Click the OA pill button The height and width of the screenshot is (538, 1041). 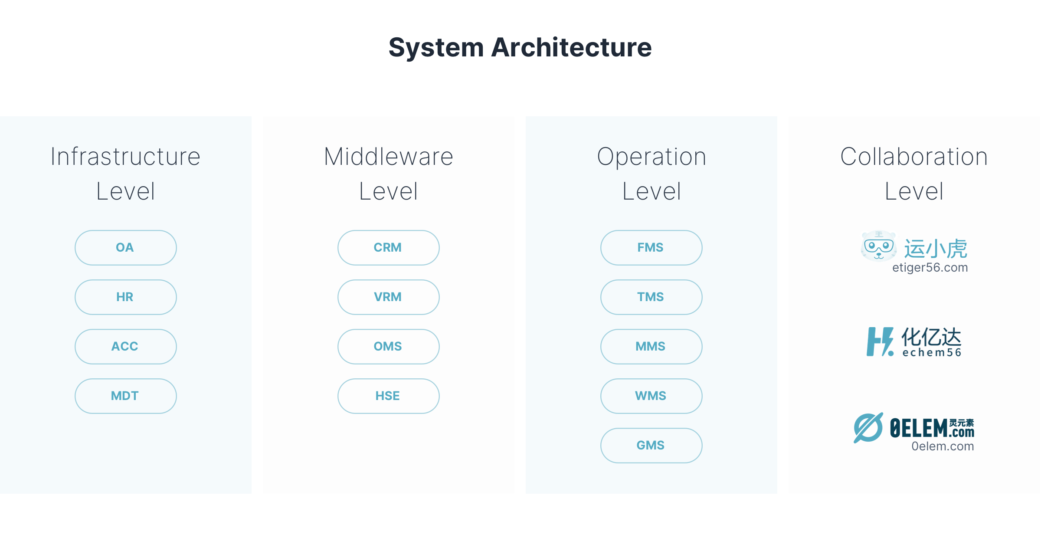(x=125, y=248)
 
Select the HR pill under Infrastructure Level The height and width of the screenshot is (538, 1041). (x=125, y=297)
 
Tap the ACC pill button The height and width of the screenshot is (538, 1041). (x=125, y=347)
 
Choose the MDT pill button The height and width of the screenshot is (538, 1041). (x=125, y=396)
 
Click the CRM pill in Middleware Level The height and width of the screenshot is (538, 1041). (x=388, y=248)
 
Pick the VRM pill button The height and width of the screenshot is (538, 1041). (x=388, y=297)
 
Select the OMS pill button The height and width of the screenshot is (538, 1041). (x=388, y=347)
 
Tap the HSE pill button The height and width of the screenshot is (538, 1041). (x=388, y=396)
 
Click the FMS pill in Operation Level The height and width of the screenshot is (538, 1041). (x=651, y=248)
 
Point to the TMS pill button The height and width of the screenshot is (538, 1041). (x=651, y=297)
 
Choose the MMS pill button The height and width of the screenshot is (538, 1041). (x=651, y=347)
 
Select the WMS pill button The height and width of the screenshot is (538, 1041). (x=651, y=396)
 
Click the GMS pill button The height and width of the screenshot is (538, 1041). (x=651, y=446)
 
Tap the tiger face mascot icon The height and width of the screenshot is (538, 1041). (x=878, y=246)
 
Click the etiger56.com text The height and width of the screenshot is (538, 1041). (x=930, y=268)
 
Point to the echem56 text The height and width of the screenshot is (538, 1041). (x=932, y=353)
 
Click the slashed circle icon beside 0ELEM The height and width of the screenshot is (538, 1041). (x=868, y=428)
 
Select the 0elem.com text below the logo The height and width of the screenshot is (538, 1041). (x=943, y=446)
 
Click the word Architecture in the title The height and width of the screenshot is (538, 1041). (x=571, y=47)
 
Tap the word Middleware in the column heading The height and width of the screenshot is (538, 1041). (x=388, y=157)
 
